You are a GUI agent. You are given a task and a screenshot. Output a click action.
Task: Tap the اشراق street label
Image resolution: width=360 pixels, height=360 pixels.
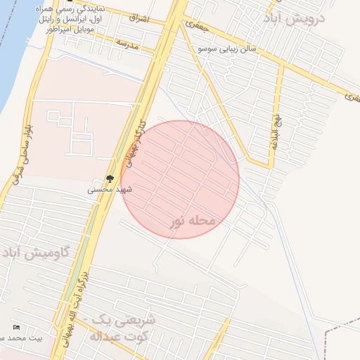point(139,18)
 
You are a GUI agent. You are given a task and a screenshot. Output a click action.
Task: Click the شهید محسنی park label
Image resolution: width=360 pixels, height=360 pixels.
point(110,190)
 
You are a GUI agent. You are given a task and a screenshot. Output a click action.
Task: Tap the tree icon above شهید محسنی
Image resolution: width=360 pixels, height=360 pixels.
point(110,179)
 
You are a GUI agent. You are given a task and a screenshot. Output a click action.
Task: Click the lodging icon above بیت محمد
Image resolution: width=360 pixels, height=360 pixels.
point(16,328)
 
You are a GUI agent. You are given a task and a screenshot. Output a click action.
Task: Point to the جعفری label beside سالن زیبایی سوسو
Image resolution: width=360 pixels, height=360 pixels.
point(196,25)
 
